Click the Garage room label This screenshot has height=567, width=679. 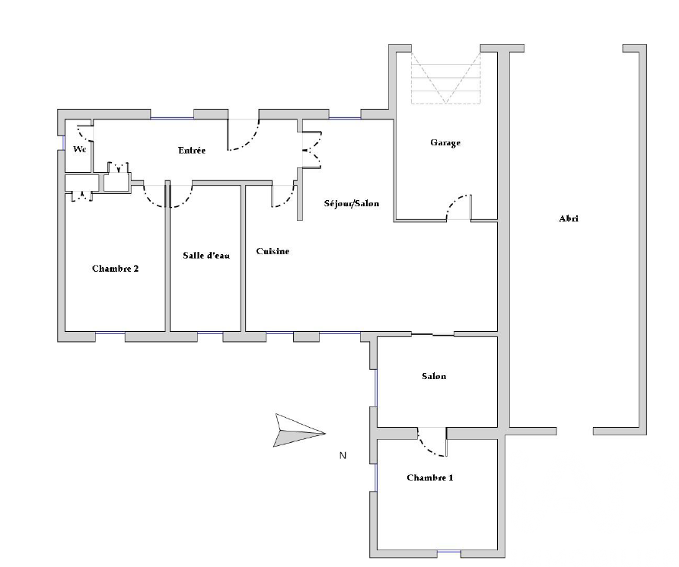[445, 142]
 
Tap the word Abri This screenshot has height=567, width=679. [569, 218]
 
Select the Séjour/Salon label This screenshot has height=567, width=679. [352, 203]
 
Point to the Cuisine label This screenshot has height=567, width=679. [273, 251]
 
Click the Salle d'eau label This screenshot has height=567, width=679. [206, 256]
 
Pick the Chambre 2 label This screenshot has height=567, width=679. [115, 269]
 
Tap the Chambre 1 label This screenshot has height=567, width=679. [430, 477]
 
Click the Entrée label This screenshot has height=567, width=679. [192, 150]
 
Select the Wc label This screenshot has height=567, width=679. [80, 149]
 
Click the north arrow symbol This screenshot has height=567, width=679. [299, 431]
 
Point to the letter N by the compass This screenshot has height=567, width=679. [343, 455]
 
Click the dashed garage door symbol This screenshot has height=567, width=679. [445, 78]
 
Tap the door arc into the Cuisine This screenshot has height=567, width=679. [288, 200]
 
